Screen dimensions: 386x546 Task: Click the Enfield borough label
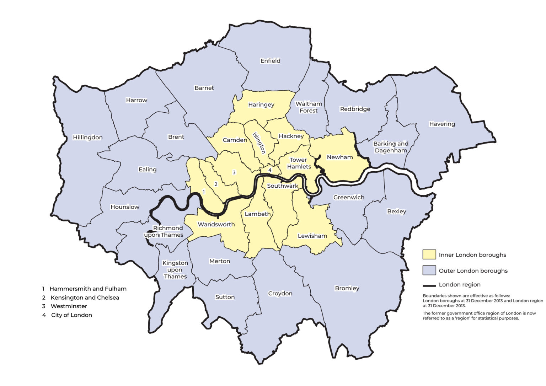click(x=270, y=61)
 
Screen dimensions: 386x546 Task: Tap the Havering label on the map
click(x=442, y=124)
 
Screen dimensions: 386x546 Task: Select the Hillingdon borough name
click(x=87, y=137)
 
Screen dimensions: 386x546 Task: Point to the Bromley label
click(x=347, y=288)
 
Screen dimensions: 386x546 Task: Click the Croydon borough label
click(x=280, y=293)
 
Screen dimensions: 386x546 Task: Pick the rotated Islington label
click(x=259, y=143)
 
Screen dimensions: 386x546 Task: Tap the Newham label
click(x=339, y=157)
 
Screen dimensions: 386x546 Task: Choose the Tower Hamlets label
click(x=299, y=163)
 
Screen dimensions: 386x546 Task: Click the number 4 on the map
click(x=270, y=170)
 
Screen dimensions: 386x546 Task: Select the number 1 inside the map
click(x=204, y=192)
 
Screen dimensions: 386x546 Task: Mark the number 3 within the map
click(x=234, y=172)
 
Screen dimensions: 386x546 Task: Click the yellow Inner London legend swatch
click(x=429, y=254)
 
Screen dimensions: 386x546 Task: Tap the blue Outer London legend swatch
click(x=429, y=270)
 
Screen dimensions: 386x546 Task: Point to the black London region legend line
click(x=429, y=285)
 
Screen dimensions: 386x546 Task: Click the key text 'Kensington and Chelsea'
click(x=85, y=297)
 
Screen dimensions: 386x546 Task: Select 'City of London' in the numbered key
click(x=71, y=315)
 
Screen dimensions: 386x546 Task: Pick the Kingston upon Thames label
click(x=175, y=269)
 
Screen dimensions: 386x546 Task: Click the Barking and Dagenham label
click(x=391, y=147)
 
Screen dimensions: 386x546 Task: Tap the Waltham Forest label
click(x=309, y=107)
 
